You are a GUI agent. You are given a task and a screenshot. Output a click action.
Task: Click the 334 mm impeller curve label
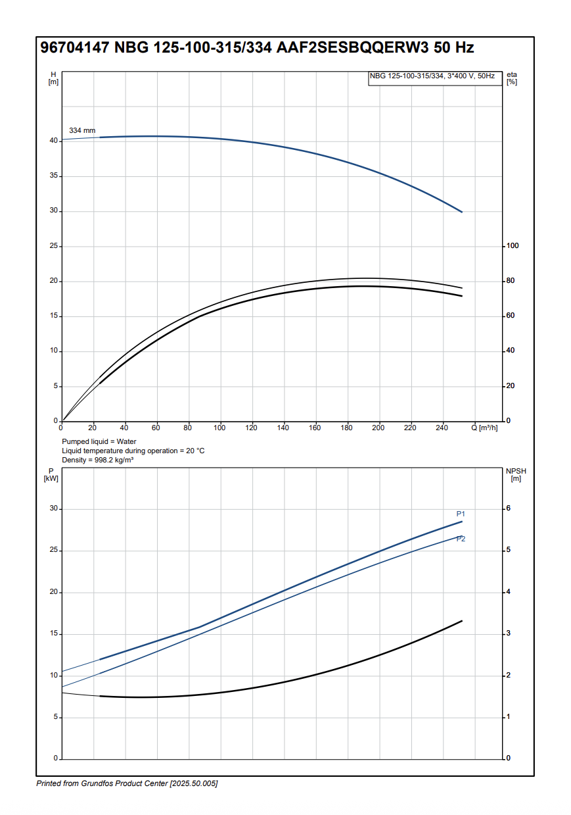(x=82, y=131)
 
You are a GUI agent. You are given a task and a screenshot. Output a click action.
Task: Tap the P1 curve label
(x=461, y=514)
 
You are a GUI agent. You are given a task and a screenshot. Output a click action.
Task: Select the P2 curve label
(x=461, y=539)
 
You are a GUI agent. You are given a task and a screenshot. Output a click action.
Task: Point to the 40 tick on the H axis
(x=53, y=141)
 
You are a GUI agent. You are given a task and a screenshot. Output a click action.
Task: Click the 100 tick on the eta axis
(x=512, y=246)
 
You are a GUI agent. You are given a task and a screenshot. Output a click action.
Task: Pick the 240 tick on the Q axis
(x=442, y=428)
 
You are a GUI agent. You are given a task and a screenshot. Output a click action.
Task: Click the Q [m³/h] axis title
(x=484, y=428)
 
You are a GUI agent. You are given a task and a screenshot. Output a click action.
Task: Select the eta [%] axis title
(x=512, y=78)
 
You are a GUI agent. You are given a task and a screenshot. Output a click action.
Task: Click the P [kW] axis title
(x=51, y=475)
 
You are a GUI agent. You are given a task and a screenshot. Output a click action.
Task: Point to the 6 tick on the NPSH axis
(x=508, y=508)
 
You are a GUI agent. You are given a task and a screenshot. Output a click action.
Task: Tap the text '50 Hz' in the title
(x=454, y=48)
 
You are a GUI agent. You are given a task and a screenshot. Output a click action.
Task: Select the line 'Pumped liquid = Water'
(x=99, y=441)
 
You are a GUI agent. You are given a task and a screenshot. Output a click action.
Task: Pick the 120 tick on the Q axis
(x=252, y=428)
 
